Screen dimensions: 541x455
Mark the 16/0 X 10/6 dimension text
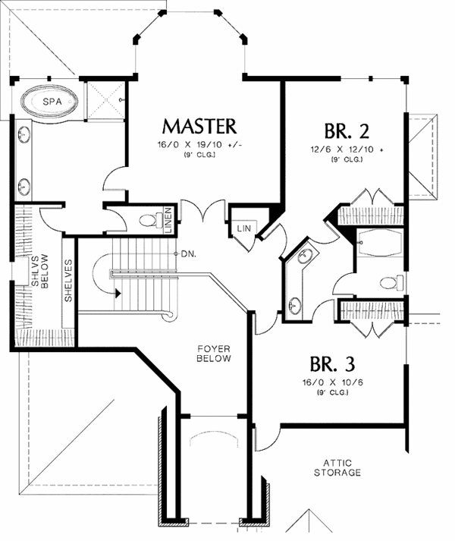332,382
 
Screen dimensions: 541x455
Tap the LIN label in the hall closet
243,228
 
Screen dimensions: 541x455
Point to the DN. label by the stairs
189,253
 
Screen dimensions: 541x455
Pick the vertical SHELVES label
68,282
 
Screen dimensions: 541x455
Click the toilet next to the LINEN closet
147,221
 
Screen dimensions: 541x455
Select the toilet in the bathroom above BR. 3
388,284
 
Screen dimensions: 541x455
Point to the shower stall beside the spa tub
105,99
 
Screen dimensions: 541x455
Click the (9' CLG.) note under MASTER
199,156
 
